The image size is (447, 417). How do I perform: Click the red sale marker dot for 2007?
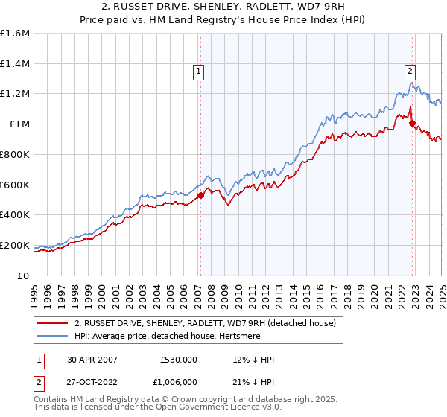click(200, 196)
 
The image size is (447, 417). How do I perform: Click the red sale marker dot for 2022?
click(412, 124)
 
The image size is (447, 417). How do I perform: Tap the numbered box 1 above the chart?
click(200, 71)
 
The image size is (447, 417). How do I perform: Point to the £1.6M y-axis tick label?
click(15, 34)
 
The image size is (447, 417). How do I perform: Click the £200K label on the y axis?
click(15, 245)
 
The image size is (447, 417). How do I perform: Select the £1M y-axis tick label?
click(19, 124)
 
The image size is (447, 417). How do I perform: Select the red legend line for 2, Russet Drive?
click(52, 323)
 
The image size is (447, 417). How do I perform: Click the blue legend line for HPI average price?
click(52, 336)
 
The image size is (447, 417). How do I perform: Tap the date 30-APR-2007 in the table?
click(91, 360)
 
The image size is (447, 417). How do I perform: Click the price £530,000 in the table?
click(179, 360)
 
